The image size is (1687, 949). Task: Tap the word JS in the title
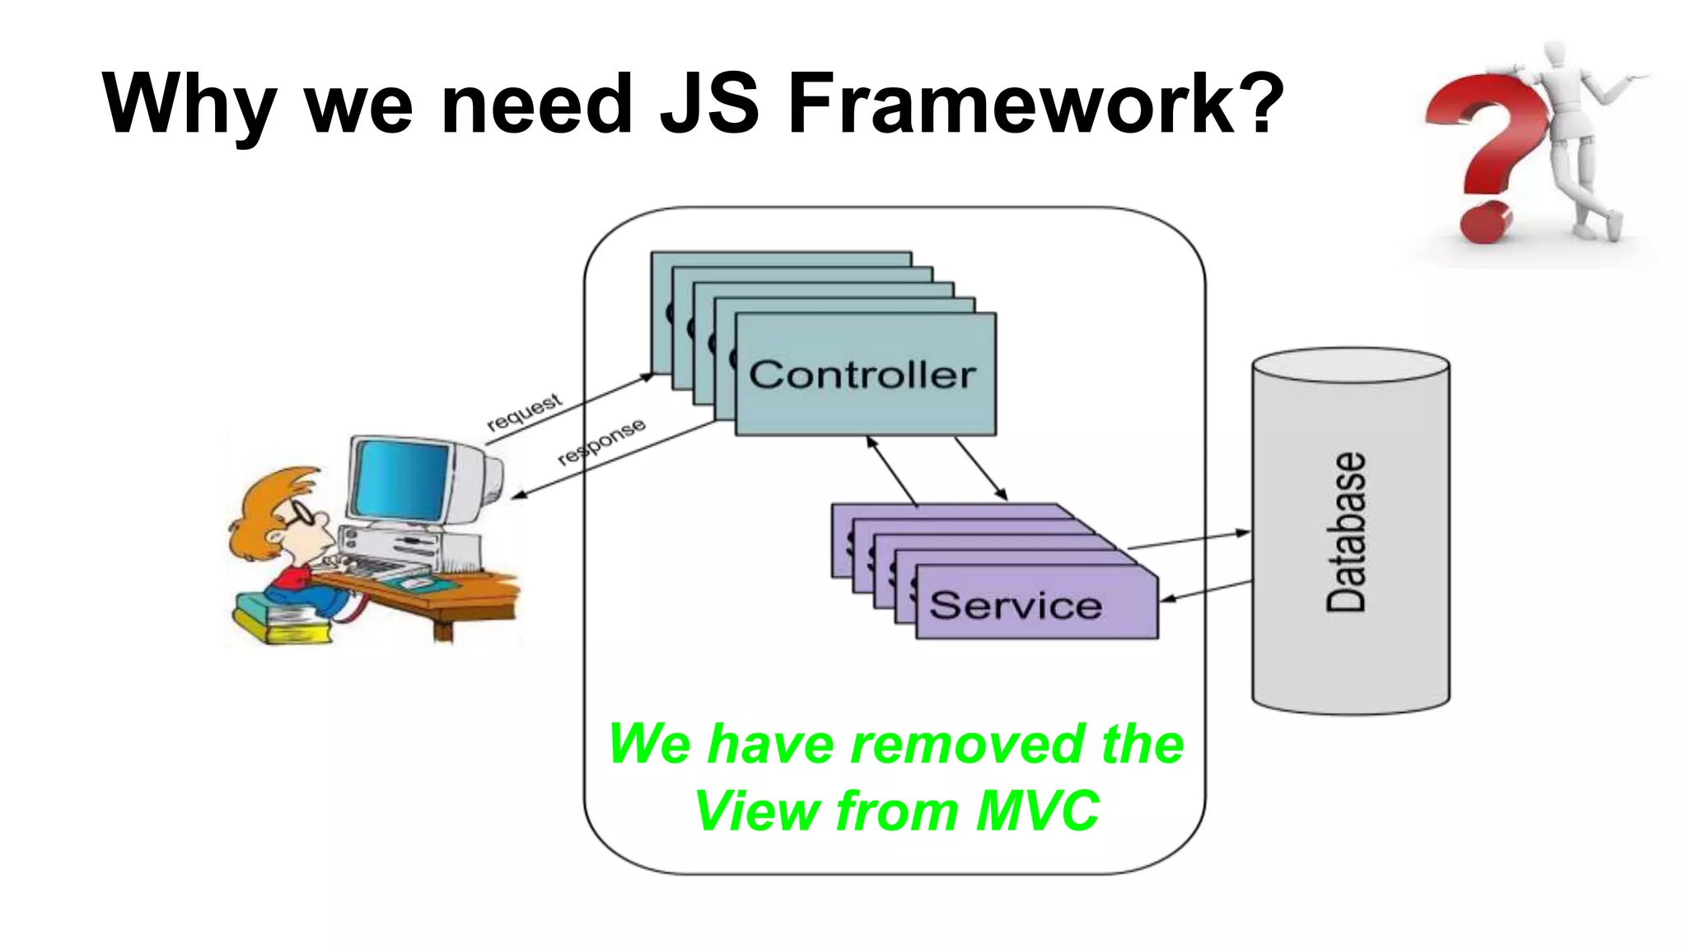(x=709, y=104)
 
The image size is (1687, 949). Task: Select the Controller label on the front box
(x=862, y=376)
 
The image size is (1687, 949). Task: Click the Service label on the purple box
(x=1016, y=605)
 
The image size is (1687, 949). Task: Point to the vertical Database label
(x=1347, y=532)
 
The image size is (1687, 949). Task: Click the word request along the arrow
(x=525, y=411)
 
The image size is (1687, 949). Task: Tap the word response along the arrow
(x=601, y=442)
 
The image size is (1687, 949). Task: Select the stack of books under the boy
(x=281, y=622)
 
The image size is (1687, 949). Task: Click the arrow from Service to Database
(x=1189, y=540)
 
